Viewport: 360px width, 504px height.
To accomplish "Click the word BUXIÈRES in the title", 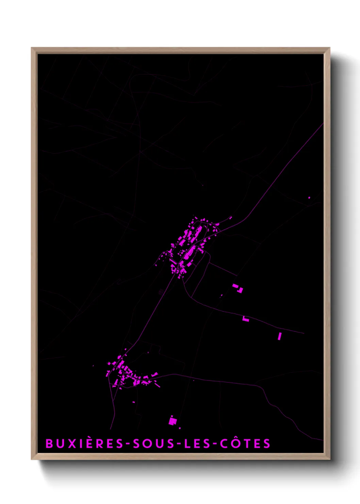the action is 84,443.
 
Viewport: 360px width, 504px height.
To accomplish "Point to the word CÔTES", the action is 245,443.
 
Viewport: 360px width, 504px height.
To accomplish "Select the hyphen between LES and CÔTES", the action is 214,444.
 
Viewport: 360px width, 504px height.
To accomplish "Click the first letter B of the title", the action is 49,443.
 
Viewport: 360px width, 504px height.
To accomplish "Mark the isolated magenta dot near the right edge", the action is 309,198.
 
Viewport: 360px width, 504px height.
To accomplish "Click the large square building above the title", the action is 173,421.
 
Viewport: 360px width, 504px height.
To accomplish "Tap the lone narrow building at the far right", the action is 279,336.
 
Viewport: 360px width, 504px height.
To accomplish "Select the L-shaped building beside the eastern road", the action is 245,319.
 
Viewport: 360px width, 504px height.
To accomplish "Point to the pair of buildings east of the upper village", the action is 238,288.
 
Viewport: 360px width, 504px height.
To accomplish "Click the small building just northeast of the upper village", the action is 230,218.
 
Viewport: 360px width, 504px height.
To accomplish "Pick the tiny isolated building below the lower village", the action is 134,402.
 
